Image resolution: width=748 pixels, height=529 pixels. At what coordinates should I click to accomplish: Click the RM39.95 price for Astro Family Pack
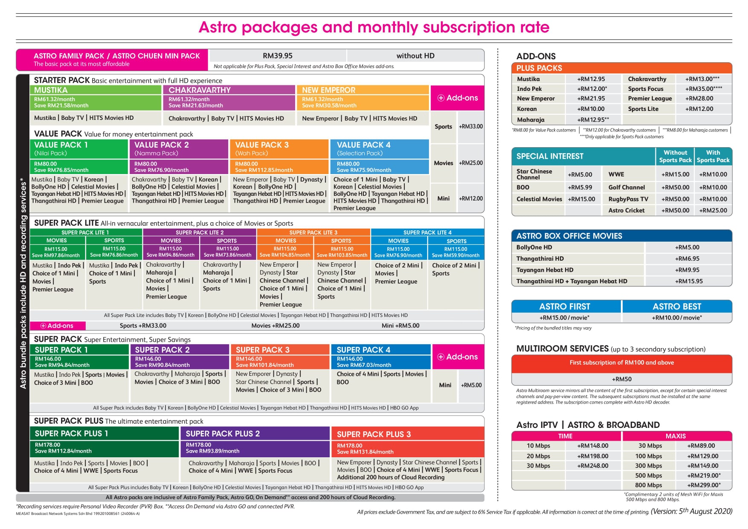coord(278,56)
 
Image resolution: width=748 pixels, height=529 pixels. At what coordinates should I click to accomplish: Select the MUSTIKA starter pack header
coord(51,90)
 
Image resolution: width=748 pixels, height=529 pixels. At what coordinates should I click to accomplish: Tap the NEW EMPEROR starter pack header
coord(328,90)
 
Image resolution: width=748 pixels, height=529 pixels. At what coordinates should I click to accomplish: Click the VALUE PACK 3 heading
coord(262,145)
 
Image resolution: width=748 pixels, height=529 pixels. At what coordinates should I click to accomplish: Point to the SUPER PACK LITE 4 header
coord(427,233)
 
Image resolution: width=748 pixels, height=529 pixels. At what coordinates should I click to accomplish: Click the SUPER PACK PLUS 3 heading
coord(374,434)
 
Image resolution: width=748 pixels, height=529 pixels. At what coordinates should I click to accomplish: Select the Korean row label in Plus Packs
coord(527,109)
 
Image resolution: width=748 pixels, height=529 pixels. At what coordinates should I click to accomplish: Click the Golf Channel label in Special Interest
coord(626,187)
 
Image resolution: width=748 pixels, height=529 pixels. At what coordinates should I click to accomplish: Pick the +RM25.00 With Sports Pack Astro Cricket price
coord(713,210)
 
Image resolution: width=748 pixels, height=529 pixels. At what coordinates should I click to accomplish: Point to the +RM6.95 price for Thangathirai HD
coord(687,259)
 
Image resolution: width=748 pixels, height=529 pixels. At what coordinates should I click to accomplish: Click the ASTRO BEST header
coord(677,306)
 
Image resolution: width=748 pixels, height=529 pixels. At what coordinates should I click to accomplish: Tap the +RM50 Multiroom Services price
coord(622,379)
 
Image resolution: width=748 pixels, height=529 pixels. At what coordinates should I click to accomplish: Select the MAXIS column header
coord(676,436)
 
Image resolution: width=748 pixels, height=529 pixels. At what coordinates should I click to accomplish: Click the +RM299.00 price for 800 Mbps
coord(704,485)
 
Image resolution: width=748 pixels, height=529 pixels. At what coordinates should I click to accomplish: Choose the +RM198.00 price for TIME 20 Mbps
coord(593,456)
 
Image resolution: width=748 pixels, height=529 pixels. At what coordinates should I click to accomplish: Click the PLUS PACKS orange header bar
coord(622,68)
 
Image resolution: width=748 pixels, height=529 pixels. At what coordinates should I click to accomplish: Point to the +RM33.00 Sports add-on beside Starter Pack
coord(471,127)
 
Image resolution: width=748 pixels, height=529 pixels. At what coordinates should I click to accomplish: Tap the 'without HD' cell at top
coord(415,56)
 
